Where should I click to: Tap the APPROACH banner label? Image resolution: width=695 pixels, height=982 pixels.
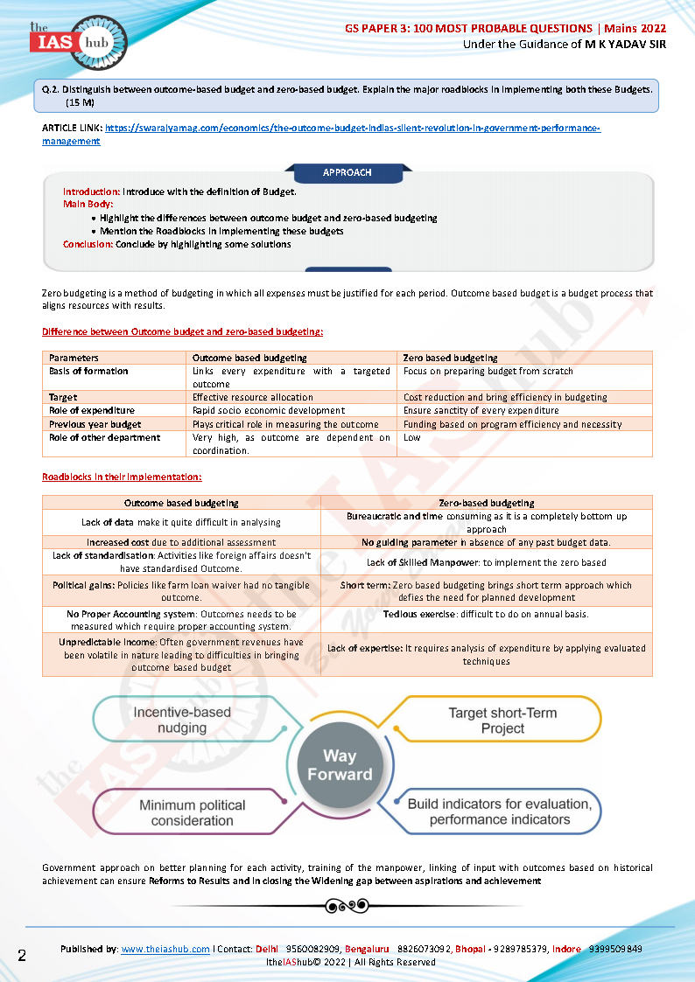pos(347,172)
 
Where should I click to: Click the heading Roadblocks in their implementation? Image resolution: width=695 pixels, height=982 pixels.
pos(122,477)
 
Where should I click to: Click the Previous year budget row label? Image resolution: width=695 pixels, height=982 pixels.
pos(95,424)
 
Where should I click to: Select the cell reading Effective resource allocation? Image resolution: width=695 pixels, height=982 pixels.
pos(253,397)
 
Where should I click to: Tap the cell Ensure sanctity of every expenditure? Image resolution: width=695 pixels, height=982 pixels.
pos(481,410)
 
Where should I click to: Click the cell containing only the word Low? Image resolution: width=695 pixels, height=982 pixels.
pos(412,437)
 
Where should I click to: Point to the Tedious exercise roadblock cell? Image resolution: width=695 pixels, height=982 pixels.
pos(486,614)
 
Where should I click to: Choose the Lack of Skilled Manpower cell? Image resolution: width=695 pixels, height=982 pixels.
pos(486,562)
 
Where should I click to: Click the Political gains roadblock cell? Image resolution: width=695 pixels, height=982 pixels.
pos(181,591)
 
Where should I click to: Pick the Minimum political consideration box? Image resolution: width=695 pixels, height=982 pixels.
pos(192,812)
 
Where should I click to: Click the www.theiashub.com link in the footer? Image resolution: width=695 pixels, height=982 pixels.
pos(165,949)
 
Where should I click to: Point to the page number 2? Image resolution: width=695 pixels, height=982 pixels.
pos(22,955)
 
